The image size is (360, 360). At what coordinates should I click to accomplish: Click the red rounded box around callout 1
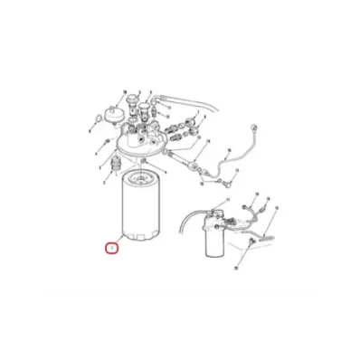111,246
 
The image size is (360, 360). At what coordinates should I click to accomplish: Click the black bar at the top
180,33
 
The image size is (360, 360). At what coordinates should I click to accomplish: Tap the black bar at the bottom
180,327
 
